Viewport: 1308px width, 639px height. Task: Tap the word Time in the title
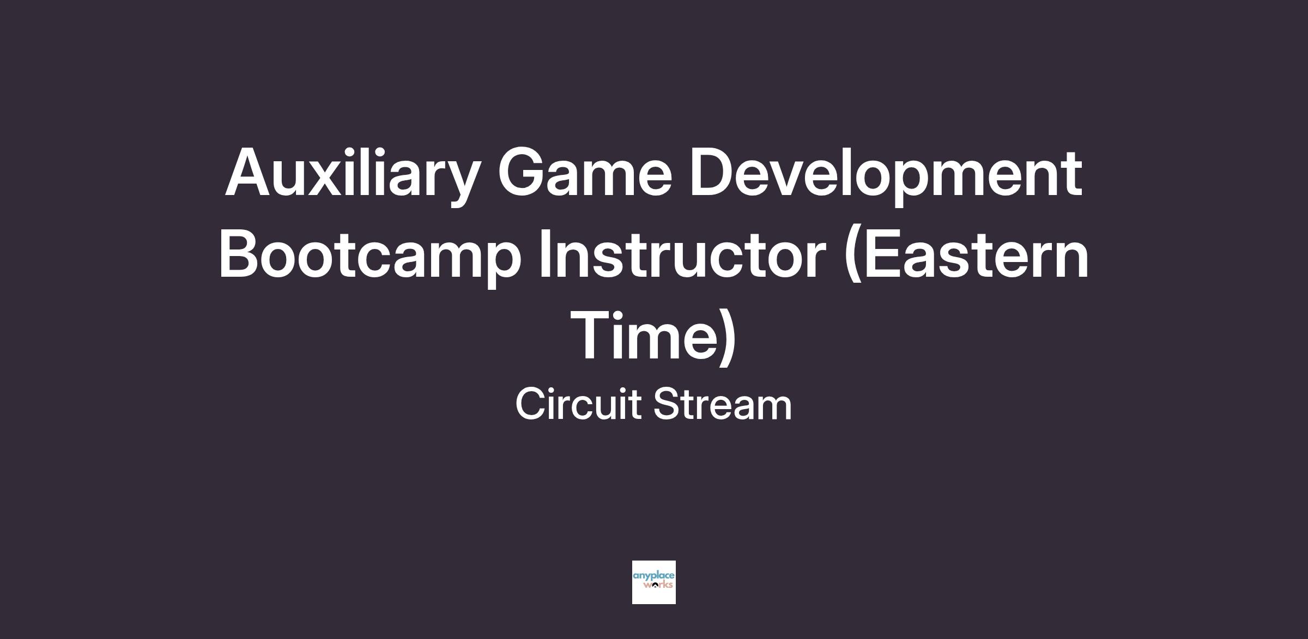[644, 335]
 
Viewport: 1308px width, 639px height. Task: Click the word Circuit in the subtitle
[578, 404]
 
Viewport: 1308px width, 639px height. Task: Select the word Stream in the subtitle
[722, 404]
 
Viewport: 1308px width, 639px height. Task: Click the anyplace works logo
[654, 582]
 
